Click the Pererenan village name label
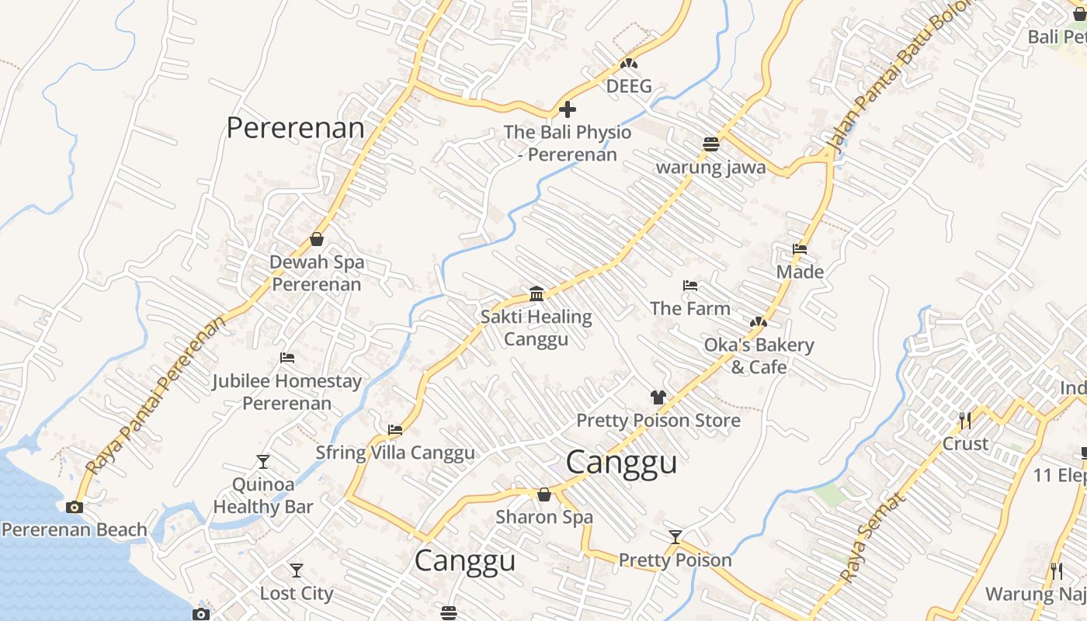[295, 128]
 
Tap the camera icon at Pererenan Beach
[75, 508]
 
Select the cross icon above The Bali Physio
[568, 109]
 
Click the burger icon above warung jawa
[710, 144]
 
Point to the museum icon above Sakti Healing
[537, 293]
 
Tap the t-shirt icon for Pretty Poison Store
[658, 397]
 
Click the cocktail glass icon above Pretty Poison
[675, 536]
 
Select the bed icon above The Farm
[689, 286]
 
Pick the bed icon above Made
[800, 249]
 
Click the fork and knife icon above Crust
[965, 421]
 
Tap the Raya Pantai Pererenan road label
[155, 395]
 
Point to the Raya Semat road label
[873, 539]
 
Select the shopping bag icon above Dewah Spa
[317, 239]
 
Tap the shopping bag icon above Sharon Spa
[544, 494]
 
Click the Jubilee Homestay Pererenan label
[287, 392]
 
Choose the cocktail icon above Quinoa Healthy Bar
[263, 462]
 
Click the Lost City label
[296, 594]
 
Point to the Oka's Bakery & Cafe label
[759, 356]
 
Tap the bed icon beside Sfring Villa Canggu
[395, 430]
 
